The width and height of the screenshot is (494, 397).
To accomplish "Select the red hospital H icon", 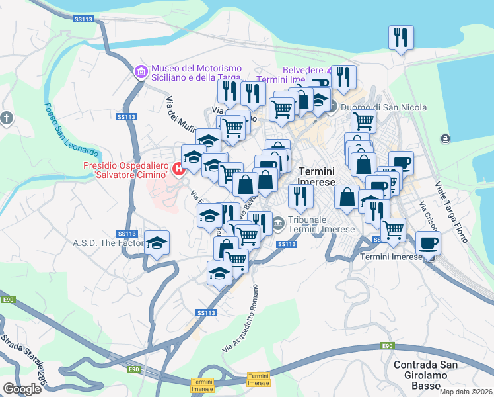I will tap(178, 169).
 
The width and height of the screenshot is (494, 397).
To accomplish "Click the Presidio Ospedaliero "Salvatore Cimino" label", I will tap(125, 170).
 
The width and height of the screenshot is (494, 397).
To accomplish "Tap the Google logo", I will tap(22, 388).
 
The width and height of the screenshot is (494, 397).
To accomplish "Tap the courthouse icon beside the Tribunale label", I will tap(278, 222).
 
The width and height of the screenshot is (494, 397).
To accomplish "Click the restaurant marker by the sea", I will tap(401, 38).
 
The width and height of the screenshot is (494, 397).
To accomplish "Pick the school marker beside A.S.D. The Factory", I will tap(157, 243).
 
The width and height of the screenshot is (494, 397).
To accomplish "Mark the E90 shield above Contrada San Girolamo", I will tap(388, 345).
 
